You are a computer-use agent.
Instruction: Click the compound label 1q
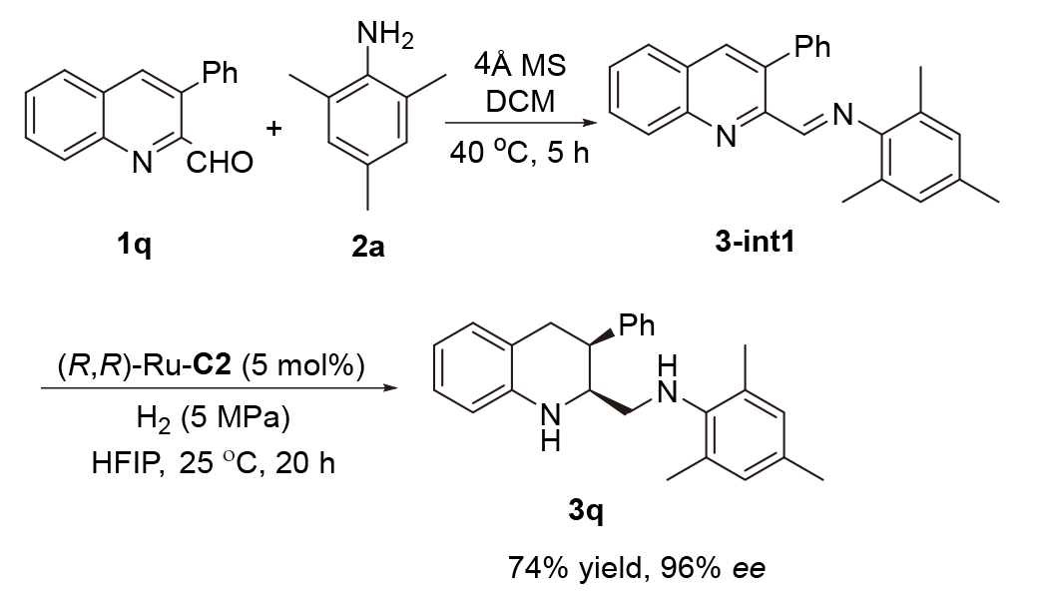[133, 244]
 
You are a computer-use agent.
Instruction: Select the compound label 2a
[366, 244]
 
